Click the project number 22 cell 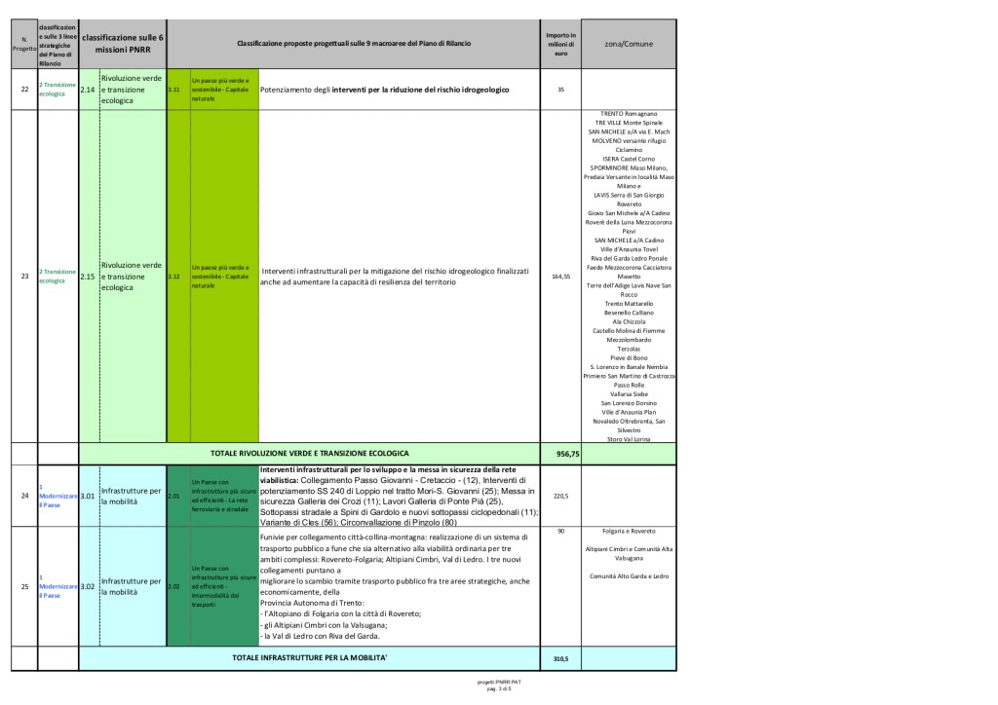[x=23, y=90]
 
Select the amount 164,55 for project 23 [x=560, y=277]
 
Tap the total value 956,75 [x=567, y=454]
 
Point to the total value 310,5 [x=560, y=659]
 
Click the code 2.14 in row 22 [x=88, y=90]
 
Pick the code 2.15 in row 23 [x=88, y=277]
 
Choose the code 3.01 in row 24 [x=88, y=496]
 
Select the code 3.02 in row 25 [x=88, y=587]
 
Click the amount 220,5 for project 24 [x=560, y=496]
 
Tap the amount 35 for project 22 [x=560, y=90]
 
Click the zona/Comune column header [x=629, y=45]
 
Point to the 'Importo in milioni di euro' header [x=560, y=45]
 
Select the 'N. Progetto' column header [x=23, y=45]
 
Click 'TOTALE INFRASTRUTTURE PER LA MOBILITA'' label [x=310, y=659]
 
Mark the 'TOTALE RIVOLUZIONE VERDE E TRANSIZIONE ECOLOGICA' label [x=310, y=454]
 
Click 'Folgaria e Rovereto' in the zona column [x=629, y=532]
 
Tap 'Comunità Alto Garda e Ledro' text [x=629, y=576]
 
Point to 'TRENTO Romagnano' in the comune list [x=629, y=114]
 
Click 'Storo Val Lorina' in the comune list [x=629, y=439]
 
